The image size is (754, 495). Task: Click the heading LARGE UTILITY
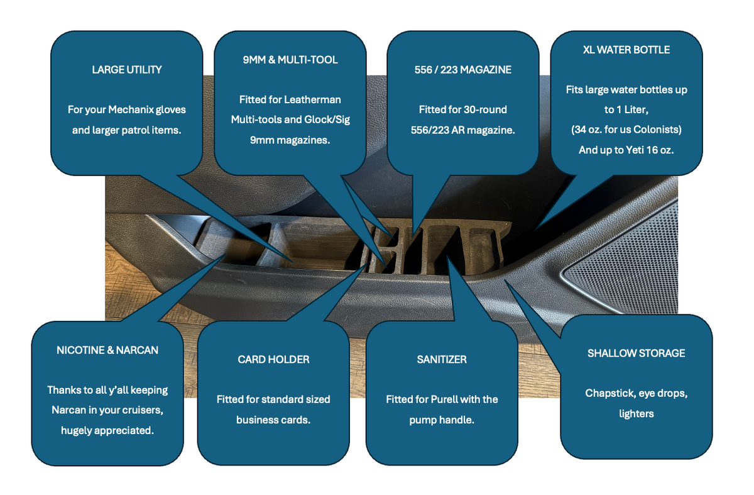pyautogui.click(x=127, y=70)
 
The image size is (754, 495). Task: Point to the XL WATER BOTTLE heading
pyautogui.click(x=626, y=50)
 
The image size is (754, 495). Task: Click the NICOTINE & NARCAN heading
pyautogui.click(x=107, y=350)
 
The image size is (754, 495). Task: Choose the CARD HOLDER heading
pyautogui.click(x=273, y=360)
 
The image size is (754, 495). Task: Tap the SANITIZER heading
pyautogui.click(x=442, y=360)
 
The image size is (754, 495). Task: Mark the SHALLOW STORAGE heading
pyautogui.click(x=636, y=353)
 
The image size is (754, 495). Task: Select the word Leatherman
pyautogui.click(x=312, y=100)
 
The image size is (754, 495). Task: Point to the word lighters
pyautogui.click(x=636, y=413)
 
